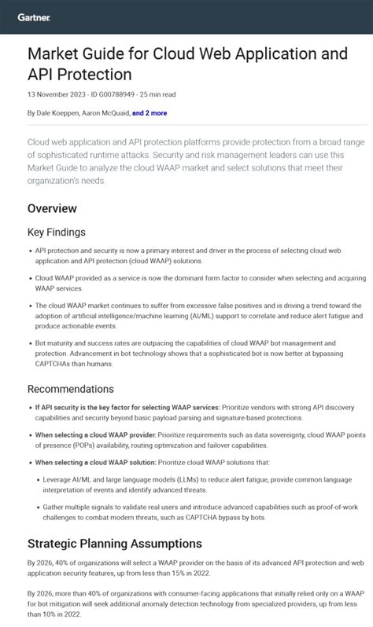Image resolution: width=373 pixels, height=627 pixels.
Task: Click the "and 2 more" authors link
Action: pos(150,113)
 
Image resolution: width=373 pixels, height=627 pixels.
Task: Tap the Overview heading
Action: pos(52,209)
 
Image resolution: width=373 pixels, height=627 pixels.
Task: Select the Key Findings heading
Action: pos(57,233)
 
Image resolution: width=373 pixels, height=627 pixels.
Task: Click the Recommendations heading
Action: pos(71,389)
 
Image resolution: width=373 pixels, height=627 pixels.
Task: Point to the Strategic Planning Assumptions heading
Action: pos(115,544)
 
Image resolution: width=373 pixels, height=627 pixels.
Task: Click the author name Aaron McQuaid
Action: pos(105,113)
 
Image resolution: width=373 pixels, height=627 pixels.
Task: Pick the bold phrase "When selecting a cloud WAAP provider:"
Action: pos(94,434)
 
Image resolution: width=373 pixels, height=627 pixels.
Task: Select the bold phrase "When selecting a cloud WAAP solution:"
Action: pos(94,463)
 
